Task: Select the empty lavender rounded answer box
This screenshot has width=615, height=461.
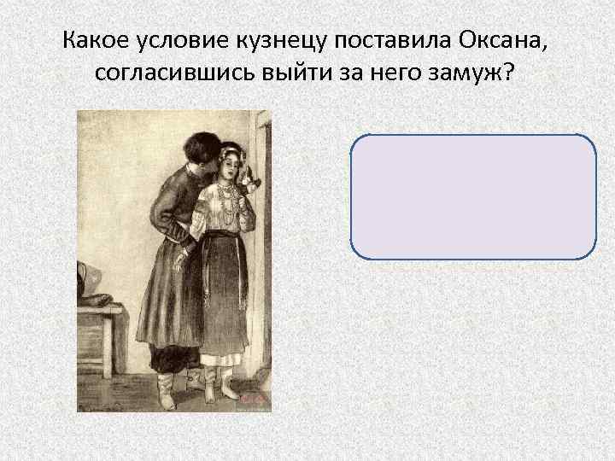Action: point(472,195)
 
